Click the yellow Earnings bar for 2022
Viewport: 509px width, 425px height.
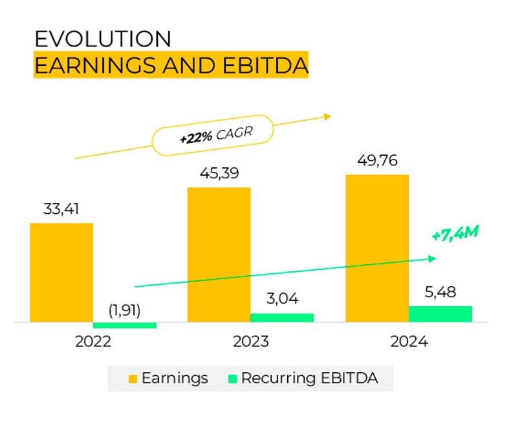pos(61,273)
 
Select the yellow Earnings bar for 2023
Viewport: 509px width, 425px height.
pos(219,254)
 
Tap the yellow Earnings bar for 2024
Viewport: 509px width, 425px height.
pos(377,248)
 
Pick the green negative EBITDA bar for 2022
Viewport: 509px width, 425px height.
pos(125,326)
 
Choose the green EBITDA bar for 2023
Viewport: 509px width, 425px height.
pos(282,318)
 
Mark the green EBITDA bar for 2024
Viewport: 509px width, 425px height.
pos(440,314)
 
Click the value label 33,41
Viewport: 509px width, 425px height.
pos(61,209)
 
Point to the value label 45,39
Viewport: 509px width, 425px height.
pos(219,174)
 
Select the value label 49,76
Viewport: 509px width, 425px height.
pos(377,160)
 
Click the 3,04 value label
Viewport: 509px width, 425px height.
pos(283,298)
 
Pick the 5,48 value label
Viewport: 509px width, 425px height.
pos(440,293)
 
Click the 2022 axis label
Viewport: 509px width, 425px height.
pos(93,342)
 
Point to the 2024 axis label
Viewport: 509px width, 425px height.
pos(409,342)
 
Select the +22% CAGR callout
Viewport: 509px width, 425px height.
pos(213,135)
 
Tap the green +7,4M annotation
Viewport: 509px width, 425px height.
pos(455,233)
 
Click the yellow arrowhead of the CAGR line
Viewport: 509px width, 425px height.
pos(327,117)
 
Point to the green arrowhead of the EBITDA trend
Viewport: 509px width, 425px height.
pos(433,259)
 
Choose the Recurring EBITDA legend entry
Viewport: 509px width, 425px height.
pos(303,378)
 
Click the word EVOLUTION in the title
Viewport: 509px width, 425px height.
pos(103,39)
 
